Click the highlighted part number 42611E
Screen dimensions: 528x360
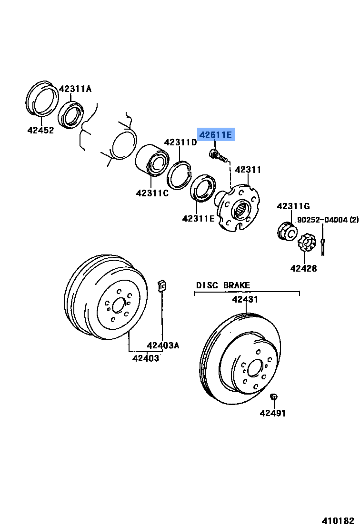[216, 135]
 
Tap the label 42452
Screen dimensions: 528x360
[40, 130]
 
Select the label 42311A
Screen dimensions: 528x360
[75, 89]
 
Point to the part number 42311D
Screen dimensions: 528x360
[180, 142]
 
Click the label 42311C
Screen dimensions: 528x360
[152, 193]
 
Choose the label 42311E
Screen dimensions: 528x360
[198, 219]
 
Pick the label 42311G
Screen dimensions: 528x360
[293, 206]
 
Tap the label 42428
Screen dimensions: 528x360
[303, 268]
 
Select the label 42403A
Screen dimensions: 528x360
[163, 345]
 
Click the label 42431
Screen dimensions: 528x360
[245, 300]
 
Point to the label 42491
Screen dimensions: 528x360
[273, 413]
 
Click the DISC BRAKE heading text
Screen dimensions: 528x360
[223, 285]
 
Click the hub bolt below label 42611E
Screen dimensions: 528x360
[217, 155]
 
